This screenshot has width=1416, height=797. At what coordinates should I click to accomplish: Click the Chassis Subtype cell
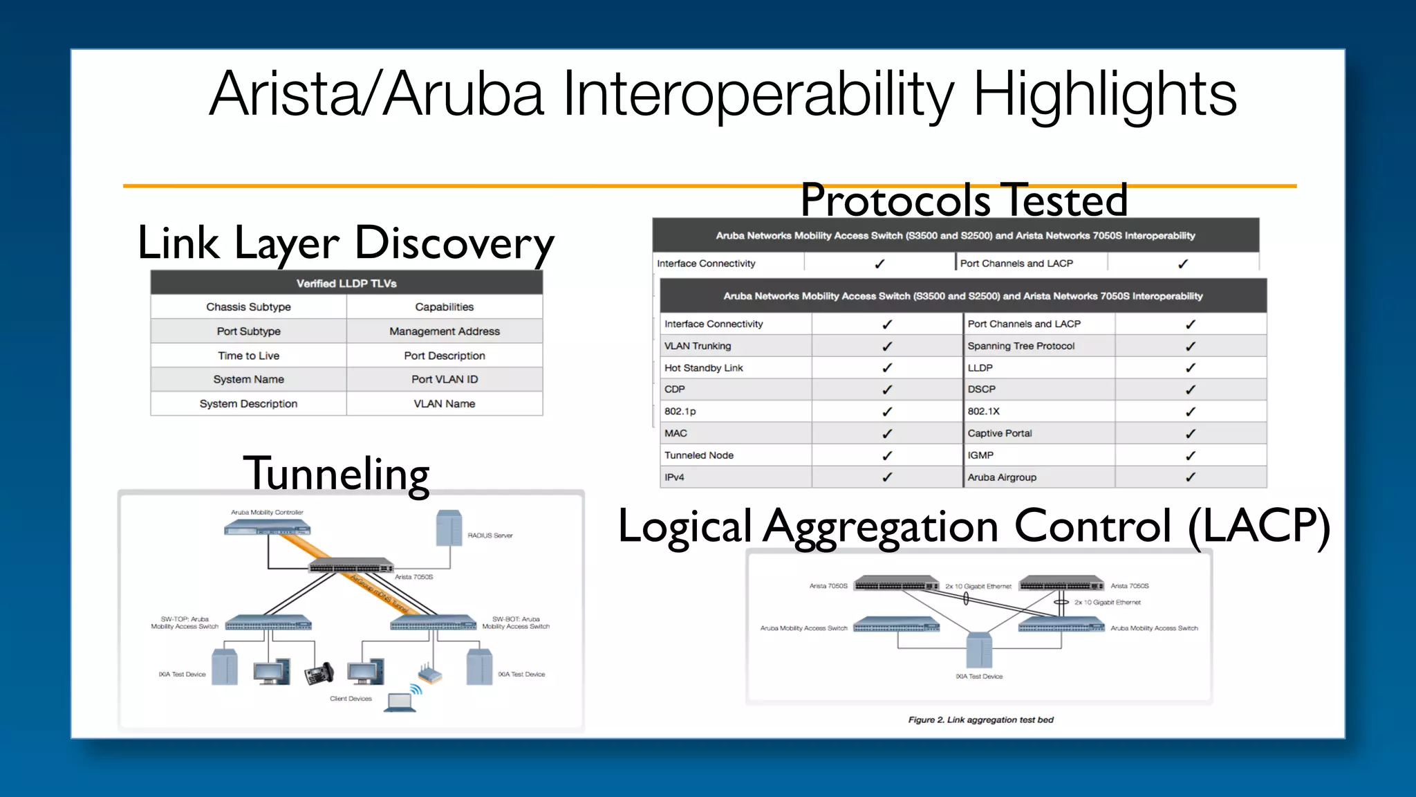tap(248, 306)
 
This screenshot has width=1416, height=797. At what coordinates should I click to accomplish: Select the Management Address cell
tap(444, 331)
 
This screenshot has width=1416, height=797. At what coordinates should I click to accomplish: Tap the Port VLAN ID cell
tap(444, 379)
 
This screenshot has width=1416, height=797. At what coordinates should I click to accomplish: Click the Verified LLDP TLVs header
tap(346, 283)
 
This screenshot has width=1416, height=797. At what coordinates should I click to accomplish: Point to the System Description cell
tap(248, 403)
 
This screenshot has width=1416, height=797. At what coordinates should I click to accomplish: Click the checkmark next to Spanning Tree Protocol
tap(1190, 346)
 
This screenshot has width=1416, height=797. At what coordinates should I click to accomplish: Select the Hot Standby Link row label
tap(703, 368)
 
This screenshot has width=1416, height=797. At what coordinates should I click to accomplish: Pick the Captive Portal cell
tap(999, 433)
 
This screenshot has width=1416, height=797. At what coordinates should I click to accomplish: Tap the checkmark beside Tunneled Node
tap(887, 455)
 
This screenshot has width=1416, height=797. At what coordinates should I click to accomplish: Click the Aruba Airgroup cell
tap(1001, 477)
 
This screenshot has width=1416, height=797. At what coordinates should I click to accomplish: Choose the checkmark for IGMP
tap(1190, 455)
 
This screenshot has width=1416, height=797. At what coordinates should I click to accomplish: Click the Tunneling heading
tap(336, 475)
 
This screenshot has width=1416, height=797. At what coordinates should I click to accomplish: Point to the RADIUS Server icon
tap(449, 529)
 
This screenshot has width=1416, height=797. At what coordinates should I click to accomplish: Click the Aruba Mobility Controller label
tap(267, 513)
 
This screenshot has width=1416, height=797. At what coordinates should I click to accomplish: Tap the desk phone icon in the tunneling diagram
tap(319, 673)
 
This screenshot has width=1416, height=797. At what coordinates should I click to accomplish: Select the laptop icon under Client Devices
tap(400, 702)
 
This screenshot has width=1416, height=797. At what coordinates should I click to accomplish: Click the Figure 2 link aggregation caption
tap(980, 720)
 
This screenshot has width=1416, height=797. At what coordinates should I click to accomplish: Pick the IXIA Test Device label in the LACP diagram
tap(978, 677)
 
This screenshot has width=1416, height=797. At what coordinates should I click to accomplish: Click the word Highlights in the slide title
tap(1104, 95)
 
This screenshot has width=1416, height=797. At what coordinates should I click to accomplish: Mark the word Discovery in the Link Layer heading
tap(454, 244)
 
